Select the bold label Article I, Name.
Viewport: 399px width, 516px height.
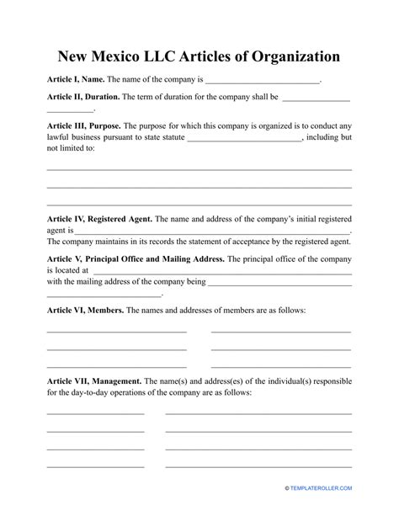tap(75, 81)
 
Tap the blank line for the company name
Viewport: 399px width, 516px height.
tap(263, 82)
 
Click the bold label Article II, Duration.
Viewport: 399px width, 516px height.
tap(82, 98)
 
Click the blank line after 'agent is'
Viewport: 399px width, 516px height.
tap(212, 230)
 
